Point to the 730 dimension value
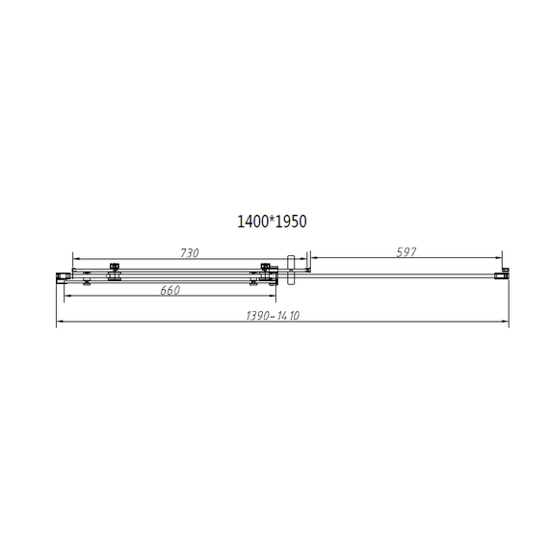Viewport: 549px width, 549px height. coord(189,252)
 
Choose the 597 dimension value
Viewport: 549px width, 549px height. coord(405,252)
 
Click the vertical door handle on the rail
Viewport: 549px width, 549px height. coord(288,271)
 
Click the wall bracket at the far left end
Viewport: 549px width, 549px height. coord(63,276)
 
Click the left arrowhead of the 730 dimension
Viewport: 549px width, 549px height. coord(75,259)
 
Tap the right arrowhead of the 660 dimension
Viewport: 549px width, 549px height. coord(274,297)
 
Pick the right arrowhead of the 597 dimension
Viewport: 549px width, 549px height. coord(502,259)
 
